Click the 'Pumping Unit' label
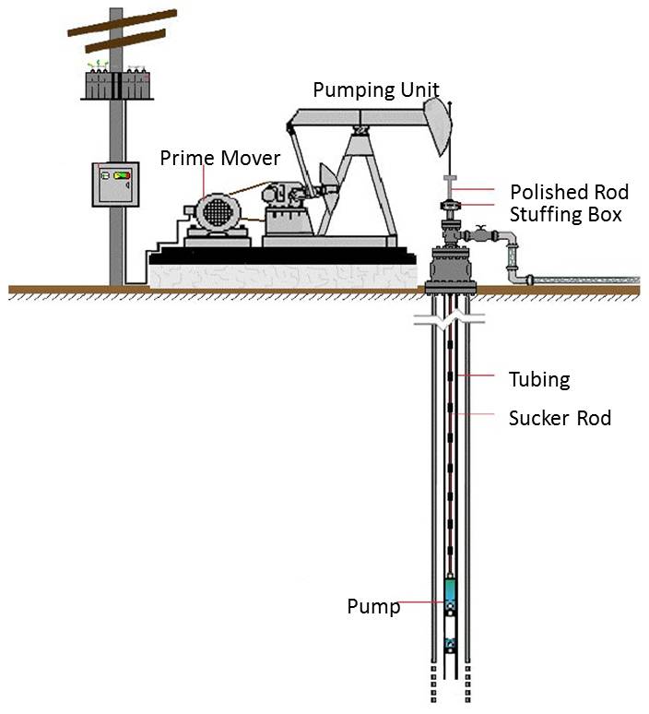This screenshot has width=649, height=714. pyautogui.click(x=375, y=90)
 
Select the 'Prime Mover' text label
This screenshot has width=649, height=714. pyautogui.click(x=219, y=158)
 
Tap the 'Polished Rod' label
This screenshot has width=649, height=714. pyautogui.click(x=569, y=192)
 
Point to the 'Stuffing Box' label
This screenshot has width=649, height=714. pyautogui.click(x=566, y=215)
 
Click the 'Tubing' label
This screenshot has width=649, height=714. pyautogui.click(x=539, y=378)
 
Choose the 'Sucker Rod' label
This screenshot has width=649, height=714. pyautogui.click(x=560, y=418)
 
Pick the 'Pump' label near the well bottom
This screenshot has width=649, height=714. pyautogui.click(x=373, y=606)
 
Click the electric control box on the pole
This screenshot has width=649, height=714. pyautogui.click(x=115, y=184)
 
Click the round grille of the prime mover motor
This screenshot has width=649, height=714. pyautogui.click(x=216, y=211)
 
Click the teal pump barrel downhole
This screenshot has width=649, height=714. pyautogui.click(x=451, y=590)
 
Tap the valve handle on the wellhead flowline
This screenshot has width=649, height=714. pyautogui.click(x=479, y=227)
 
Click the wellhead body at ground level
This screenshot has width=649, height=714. pyautogui.click(x=451, y=268)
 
